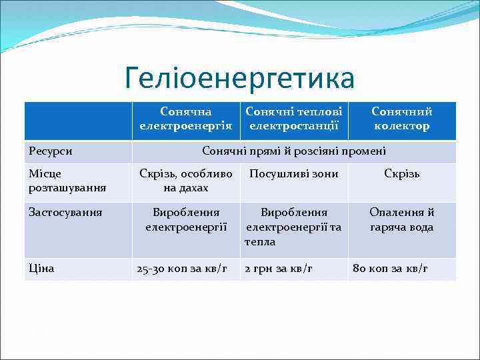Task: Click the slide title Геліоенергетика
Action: point(239,79)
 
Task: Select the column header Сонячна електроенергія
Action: point(185,119)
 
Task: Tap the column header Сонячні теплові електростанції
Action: point(294,119)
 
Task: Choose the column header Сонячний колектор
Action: point(401,119)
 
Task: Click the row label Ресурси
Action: point(51,151)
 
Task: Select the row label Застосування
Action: point(65,213)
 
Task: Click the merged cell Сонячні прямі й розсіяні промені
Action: point(294,151)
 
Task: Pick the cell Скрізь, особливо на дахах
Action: point(185,181)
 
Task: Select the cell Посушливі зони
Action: point(294,174)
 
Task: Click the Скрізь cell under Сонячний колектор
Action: point(401,174)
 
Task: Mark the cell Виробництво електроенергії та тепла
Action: point(294,227)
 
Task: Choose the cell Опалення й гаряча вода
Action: point(401,220)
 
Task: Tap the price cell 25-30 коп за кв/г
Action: point(182,269)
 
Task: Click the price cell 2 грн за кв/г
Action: point(279,269)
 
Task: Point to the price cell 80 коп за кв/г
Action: point(390,269)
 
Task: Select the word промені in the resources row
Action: point(365,151)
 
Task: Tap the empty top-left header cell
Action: point(78,120)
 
